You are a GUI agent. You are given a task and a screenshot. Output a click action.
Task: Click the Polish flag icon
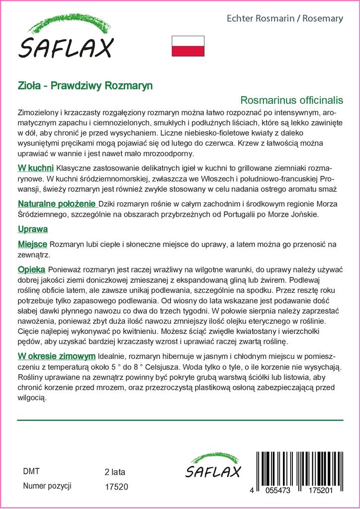pos(188,46)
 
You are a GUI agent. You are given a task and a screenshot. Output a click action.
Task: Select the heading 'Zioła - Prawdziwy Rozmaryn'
pos(85,85)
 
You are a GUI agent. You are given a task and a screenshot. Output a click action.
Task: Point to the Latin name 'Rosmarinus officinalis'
pos(292,100)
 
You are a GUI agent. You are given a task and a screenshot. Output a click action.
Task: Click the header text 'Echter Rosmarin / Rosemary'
pos(285,18)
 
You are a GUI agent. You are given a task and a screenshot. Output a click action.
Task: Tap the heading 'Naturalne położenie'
pos(56,204)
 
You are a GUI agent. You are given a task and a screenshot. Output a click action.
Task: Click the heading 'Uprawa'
pos(32,230)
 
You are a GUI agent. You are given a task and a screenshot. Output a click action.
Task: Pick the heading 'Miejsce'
pos(32,245)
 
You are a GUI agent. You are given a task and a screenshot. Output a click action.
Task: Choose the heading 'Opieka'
pos(31,269)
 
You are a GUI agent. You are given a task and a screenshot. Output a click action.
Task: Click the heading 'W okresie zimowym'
pos(56,356)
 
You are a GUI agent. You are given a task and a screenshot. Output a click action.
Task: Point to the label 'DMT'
pos(31,471)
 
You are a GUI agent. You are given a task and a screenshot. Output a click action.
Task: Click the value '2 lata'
pos(115,472)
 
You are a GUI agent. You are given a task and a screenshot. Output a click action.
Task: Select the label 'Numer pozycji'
pos(48,486)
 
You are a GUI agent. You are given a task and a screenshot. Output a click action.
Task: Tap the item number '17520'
pos(117,487)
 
